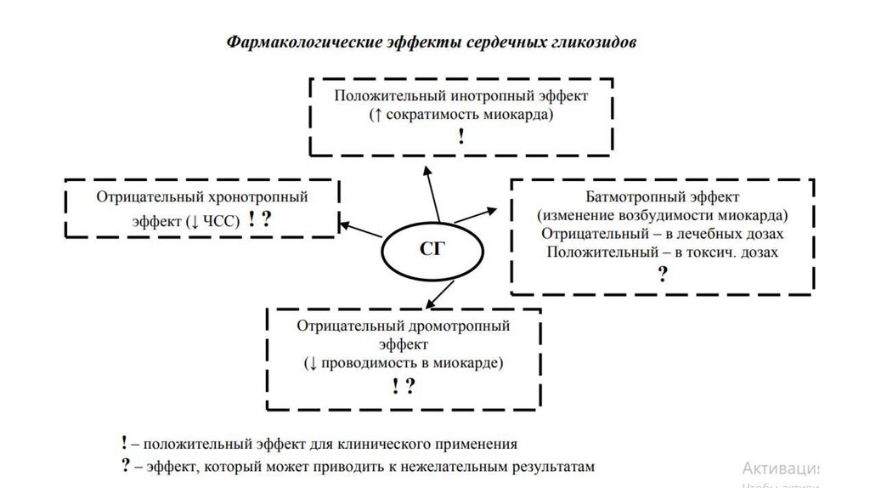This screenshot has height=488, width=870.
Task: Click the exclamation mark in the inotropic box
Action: (460, 136)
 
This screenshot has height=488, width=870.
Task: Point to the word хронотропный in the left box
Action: (263, 196)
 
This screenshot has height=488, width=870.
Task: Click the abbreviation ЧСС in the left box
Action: (223, 220)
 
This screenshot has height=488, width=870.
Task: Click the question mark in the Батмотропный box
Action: (662, 274)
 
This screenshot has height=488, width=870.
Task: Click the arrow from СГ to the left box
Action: (360, 229)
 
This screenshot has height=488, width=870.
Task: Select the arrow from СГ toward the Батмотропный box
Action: (477, 214)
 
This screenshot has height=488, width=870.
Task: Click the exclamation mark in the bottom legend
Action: (125, 443)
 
